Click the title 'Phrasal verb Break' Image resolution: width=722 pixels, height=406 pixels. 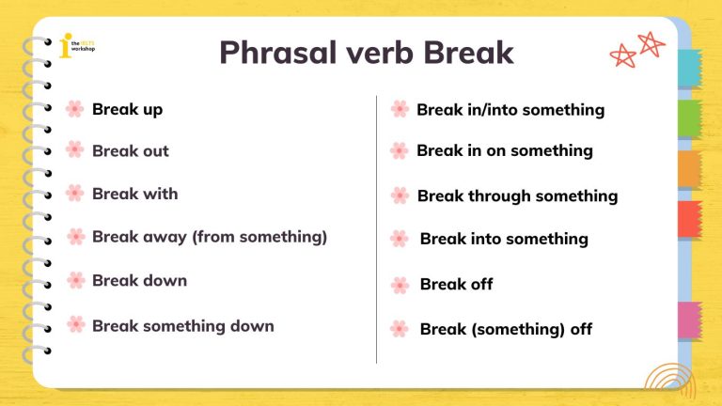[366, 52]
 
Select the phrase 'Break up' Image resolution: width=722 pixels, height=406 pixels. [127, 109]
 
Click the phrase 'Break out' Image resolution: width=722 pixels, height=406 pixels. [130, 150]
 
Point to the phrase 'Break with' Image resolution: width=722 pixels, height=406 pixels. [134, 194]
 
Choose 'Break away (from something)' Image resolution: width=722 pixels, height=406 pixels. [209, 237]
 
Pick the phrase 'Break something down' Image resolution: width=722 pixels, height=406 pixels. [182, 326]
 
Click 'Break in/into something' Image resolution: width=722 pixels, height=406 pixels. [510, 110]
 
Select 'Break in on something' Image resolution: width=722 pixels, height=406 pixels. [504, 150]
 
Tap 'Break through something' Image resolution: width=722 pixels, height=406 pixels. [517, 196]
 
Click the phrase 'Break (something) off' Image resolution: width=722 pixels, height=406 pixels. [506, 330]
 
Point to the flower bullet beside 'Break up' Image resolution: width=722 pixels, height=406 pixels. [75, 109]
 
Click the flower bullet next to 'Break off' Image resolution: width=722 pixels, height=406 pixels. [400, 285]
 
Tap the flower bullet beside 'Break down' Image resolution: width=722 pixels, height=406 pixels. [75, 280]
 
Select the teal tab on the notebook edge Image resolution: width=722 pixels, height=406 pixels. [691, 69]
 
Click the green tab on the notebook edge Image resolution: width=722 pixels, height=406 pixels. [691, 118]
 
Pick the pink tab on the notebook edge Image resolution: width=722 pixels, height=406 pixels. [691, 320]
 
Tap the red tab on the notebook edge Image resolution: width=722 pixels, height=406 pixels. [691, 219]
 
